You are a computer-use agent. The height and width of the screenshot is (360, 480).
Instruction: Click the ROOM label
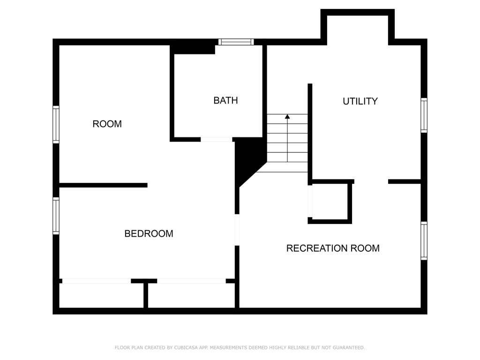click(107, 124)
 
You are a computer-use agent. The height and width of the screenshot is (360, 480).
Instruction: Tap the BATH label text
click(225, 100)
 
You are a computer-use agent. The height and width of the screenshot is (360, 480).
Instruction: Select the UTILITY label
click(360, 101)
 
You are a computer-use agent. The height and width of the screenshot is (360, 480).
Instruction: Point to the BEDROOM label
click(149, 233)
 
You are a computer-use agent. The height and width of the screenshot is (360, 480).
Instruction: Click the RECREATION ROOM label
click(333, 248)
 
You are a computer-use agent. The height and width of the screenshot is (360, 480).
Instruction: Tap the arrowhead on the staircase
click(287, 116)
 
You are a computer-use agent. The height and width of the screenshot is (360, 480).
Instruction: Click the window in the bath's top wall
click(236, 42)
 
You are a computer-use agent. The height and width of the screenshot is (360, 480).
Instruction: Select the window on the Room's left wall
click(56, 124)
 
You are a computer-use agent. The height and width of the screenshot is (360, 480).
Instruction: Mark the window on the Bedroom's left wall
click(56, 216)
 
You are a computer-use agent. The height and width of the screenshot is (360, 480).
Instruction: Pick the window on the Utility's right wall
click(424, 115)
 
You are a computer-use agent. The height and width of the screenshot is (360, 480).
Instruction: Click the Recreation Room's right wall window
click(424, 240)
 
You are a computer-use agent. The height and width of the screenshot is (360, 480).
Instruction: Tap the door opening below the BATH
click(216, 139)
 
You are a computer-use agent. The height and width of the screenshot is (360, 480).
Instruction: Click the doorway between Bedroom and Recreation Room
click(237, 230)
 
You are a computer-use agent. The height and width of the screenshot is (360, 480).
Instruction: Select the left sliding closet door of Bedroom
click(96, 281)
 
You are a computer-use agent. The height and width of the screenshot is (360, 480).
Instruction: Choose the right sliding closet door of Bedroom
click(191, 281)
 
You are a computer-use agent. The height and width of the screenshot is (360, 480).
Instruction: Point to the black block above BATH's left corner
click(192, 47)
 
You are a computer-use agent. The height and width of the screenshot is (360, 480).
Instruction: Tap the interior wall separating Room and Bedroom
click(103, 185)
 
